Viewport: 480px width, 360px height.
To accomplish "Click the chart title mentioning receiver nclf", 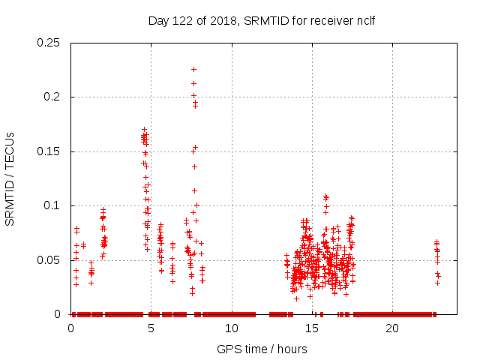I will click(x=262, y=19).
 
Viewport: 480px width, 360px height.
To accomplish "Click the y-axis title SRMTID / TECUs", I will click(x=10, y=178).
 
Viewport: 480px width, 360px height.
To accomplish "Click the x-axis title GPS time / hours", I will click(x=262, y=349).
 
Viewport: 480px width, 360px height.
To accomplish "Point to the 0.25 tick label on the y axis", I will click(x=49, y=43).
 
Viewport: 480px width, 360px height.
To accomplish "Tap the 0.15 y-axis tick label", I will click(x=49, y=151).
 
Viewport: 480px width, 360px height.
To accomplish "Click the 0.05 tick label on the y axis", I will click(x=49, y=260).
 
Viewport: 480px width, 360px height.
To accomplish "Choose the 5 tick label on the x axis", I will click(x=151, y=328).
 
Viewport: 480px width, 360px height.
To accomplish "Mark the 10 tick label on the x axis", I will click(x=232, y=328).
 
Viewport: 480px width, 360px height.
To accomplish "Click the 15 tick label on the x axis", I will click(x=312, y=328).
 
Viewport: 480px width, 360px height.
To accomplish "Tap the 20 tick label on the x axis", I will click(x=392, y=328).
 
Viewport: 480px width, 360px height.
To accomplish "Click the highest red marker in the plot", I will click(x=193, y=69).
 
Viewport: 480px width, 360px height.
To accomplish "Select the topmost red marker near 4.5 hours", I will click(x=144, y=129).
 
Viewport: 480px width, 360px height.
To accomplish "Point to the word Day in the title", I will click(x=159, y=19).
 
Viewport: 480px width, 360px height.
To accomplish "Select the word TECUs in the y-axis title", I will click(x=10, y=150).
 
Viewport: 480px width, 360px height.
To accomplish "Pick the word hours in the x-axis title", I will click(x=291, y=349).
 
